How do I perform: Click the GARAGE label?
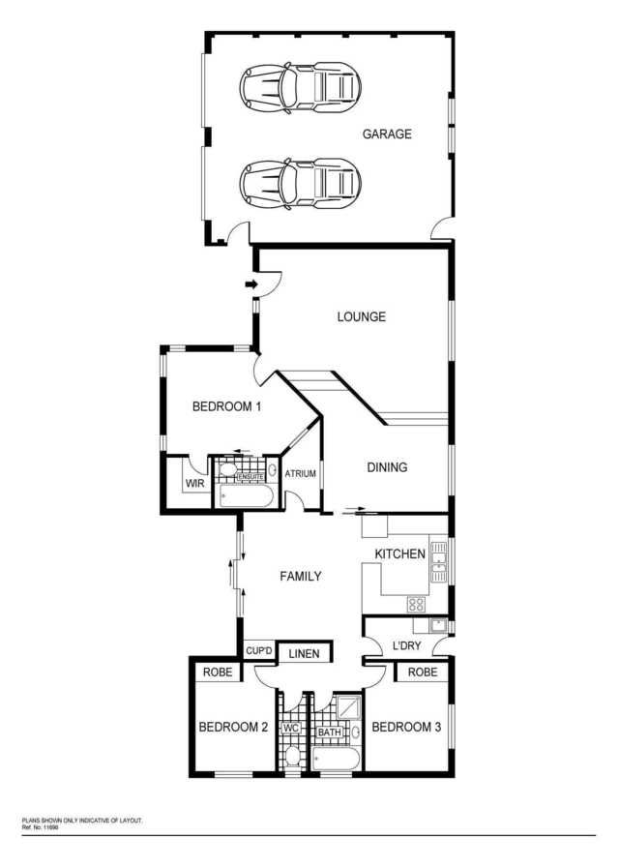(387, 134)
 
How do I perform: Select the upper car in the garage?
(300, 88)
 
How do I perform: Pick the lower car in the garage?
(300, 184)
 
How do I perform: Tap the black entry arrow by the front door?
(251, 284)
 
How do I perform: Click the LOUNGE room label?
(362, 316)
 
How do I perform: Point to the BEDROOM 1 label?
(226, 406)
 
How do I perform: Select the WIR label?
(195, 483)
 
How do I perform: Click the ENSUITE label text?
(251, 477)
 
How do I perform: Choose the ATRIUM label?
(301, 474)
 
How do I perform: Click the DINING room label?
(387, 467)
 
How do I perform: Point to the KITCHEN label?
(400, 554)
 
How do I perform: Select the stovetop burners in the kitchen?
(417, 605)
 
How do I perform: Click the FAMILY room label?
(301, 576)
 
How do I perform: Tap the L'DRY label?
(407, 645)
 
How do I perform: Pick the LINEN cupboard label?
(304, 653)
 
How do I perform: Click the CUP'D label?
(259, 651)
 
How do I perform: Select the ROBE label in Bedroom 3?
(423, 672)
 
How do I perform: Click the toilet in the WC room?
(291, 756)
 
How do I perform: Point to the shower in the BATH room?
(348, 707)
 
